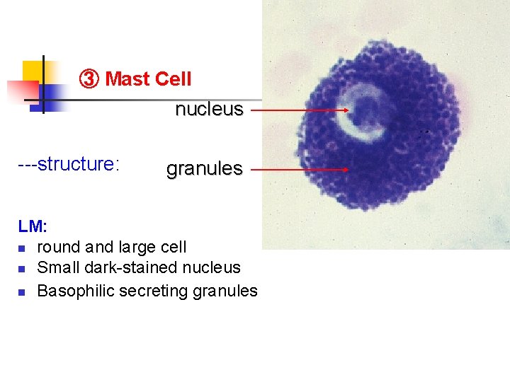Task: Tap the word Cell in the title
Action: pos(173,79)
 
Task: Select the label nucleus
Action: pos(209,110)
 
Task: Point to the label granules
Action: pos(204,169)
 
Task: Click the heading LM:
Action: pos(33,227)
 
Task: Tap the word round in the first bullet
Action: pos(59,247)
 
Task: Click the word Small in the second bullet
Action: pos(58,267)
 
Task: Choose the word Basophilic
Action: pos(76,291)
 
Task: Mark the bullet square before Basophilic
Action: pos(23,291)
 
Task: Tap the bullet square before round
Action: pos(23,248)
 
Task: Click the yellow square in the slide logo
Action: pos(33,70)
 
